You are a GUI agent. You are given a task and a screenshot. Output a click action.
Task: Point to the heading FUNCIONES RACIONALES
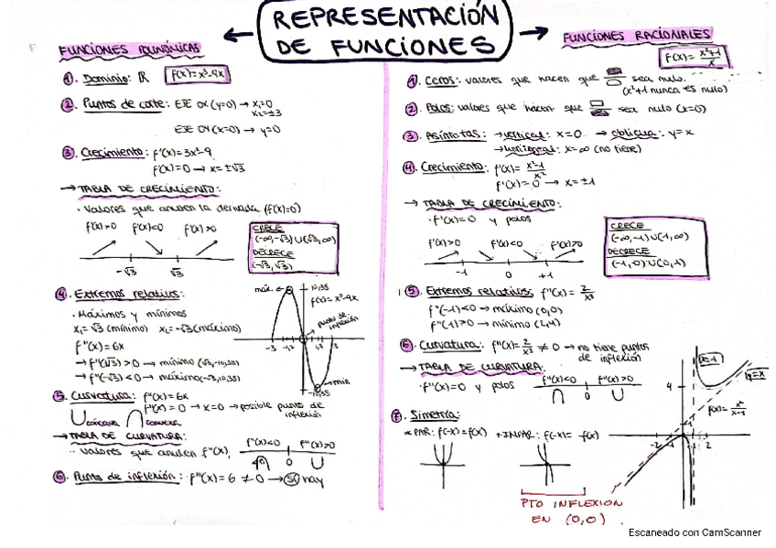point(637,36)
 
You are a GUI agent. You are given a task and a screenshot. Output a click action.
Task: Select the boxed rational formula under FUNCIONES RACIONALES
point(690,59)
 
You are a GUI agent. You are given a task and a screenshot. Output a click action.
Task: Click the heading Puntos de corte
point(124,104)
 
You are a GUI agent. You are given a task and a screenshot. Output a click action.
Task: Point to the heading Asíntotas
point(457,135)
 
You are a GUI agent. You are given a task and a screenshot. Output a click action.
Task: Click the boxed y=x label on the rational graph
point(756,375)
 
